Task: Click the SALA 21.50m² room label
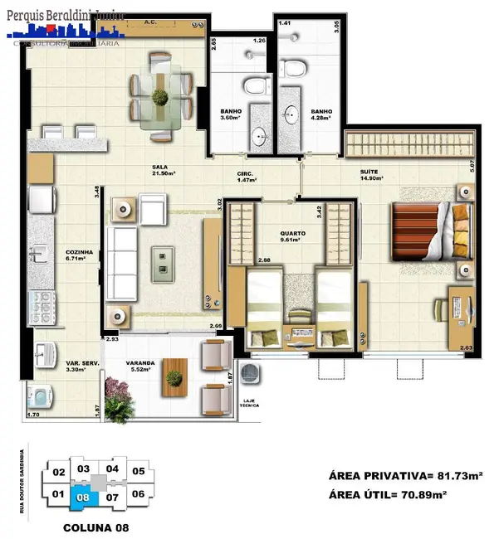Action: coord(164,169)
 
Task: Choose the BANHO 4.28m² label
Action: coord(321,116)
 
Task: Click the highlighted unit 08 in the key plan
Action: coord(82,498)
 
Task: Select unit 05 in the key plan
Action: coord(139,472)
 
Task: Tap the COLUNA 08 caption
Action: coord(92,527)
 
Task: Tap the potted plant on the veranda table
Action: coord(174,378)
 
